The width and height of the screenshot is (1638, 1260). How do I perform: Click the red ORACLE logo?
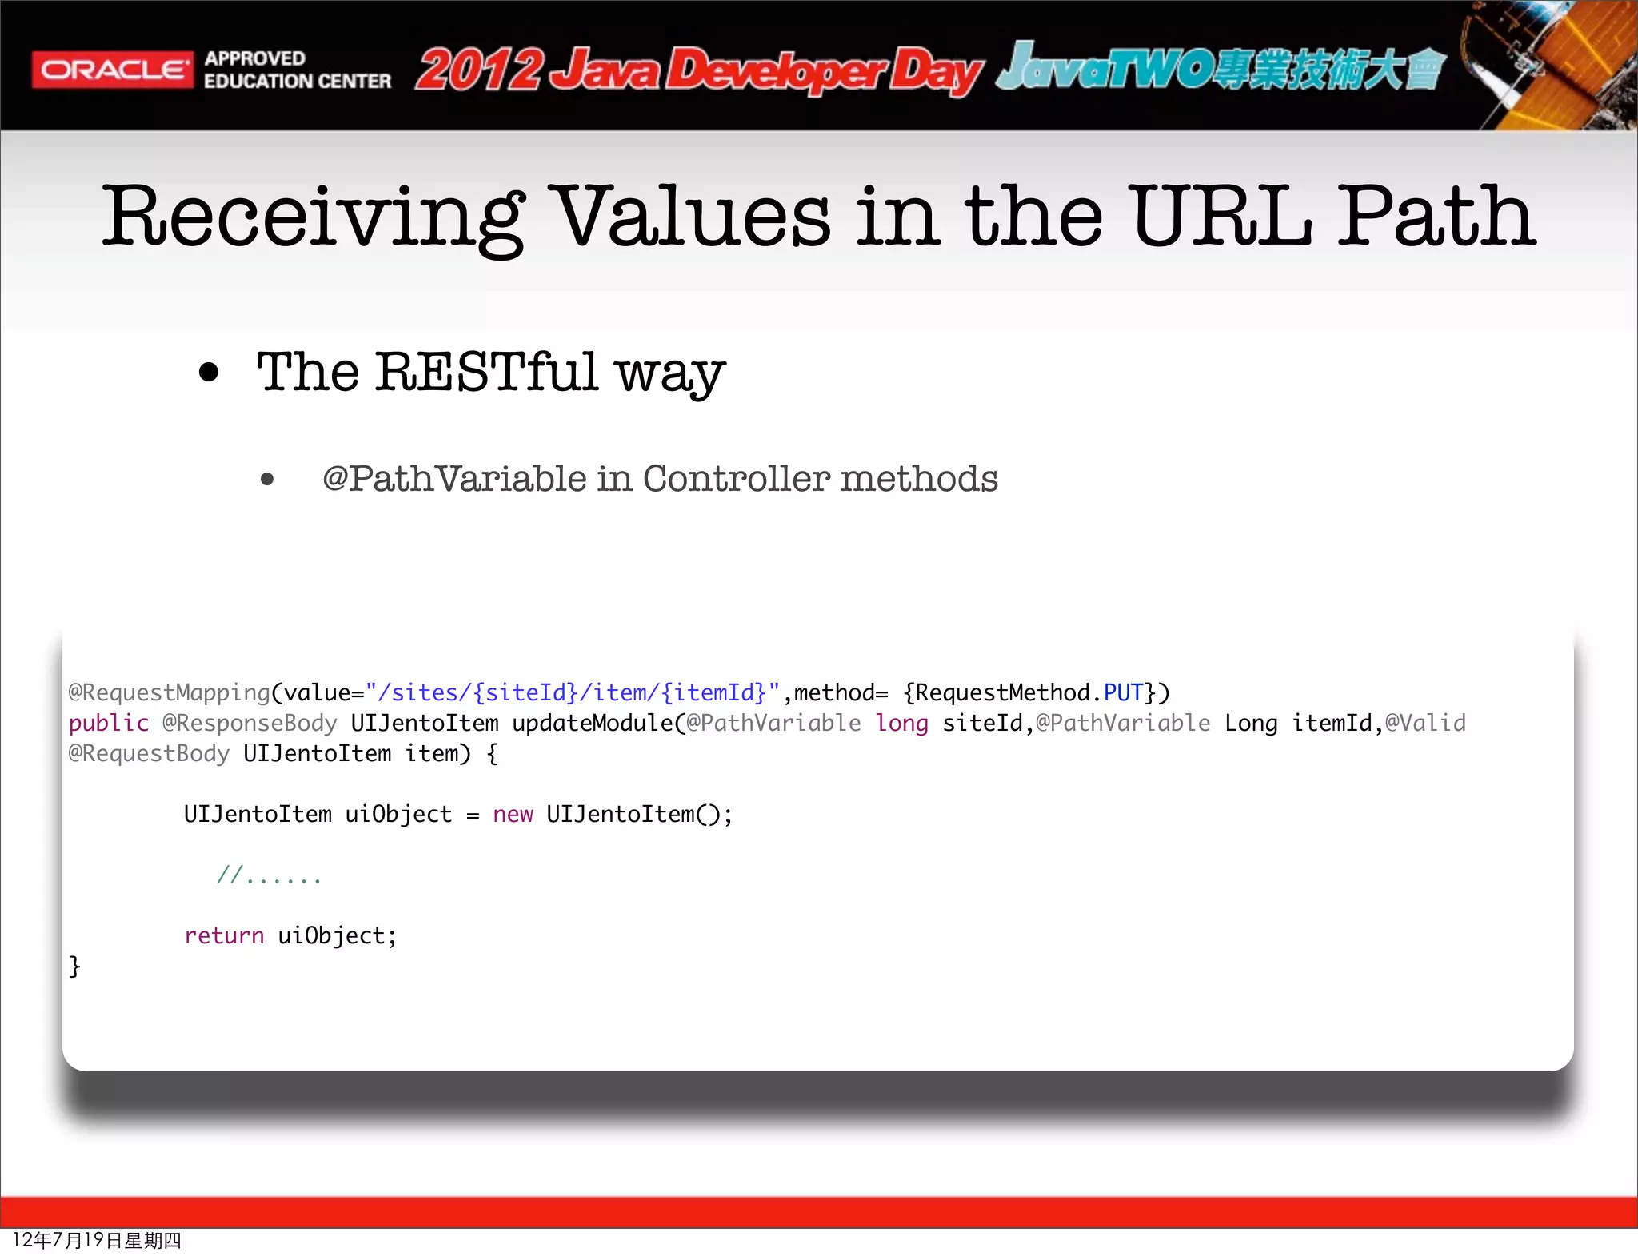click(x=113, y=70)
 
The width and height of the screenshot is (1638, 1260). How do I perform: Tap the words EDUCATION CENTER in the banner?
click(x=297, y=82)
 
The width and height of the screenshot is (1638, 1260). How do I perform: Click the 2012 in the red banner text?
click(x=478, y=70)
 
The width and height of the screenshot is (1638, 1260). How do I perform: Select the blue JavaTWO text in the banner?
click(x=1104, y=68)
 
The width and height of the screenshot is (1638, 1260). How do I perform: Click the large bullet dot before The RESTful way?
click(x=209, y=373)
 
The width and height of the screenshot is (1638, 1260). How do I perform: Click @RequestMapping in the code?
click(x=169, y=692)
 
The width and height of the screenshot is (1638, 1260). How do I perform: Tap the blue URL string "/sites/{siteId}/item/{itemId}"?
click(x=572, y=692)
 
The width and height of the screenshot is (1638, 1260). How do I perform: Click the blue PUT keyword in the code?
click(x=1123, y=692)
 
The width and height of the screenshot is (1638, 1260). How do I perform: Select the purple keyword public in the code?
click(x=108, y=724)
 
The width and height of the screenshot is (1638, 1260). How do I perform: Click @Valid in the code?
click(x=1425, y=724)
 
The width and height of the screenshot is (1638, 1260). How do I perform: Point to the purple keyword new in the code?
click(x=513, y=815)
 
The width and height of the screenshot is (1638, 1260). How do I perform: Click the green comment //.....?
click(x=268, y=875)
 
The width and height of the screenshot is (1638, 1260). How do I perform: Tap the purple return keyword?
click(x=224, y=936)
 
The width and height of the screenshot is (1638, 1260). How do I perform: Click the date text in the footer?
click(x=97, y=1240)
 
